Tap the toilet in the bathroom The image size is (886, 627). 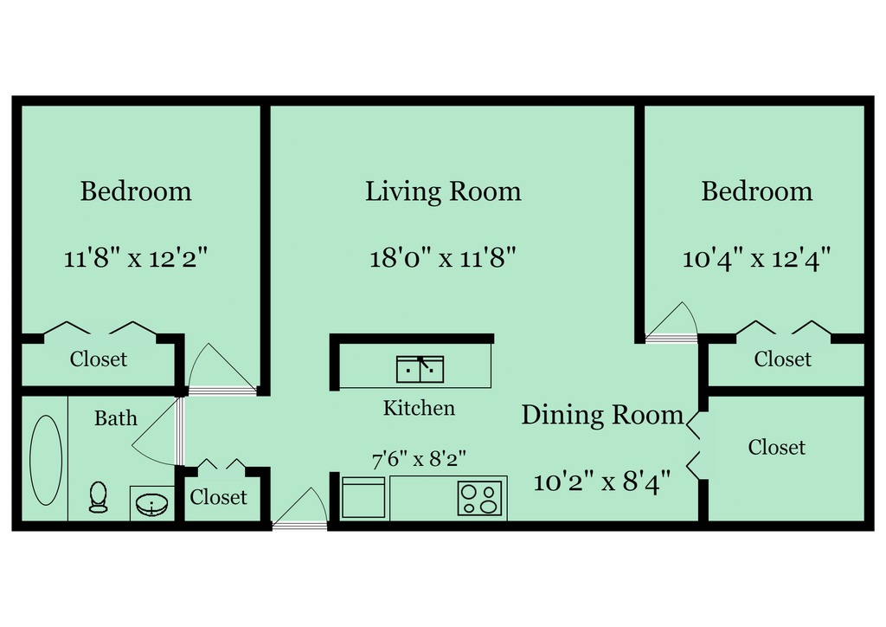coord(98,498)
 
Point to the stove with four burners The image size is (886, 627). coord(481,498)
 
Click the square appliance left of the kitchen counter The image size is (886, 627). coord(363,498)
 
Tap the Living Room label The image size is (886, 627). coord(443,191)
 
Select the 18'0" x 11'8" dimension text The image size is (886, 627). coord(443,257)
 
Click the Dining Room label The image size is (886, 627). coord(602,415)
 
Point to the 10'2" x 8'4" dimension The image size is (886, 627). coord(602,482)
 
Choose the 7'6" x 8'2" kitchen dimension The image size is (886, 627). coord(419,459)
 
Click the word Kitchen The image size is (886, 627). coord(419,407)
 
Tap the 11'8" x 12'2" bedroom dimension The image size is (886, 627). coord(136,257)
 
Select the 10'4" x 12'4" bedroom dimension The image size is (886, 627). coord(756,257)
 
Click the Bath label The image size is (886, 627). coord(116,418)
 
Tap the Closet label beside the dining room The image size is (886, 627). coord(776,447)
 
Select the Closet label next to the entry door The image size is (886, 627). coord(218,497)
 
